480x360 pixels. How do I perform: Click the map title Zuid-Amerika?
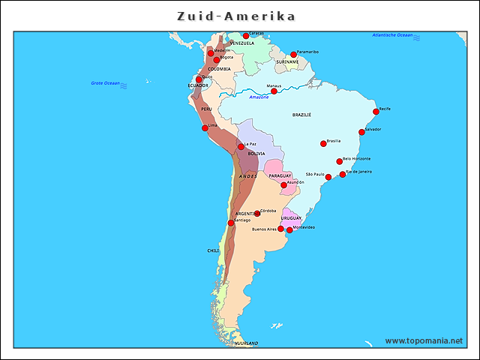point(236,16)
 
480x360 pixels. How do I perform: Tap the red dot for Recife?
point(375,112)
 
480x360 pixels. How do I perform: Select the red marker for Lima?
point(205,127)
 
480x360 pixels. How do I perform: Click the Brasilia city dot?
point(323,143)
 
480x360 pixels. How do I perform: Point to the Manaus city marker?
point(274,91)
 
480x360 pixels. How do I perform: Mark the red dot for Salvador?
point(361,132)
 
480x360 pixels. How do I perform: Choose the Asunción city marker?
point(283,184)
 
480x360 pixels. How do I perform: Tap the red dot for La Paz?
point(241,146)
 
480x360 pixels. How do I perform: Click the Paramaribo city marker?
point(293,54)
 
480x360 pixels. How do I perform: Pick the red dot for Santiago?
point(231,223)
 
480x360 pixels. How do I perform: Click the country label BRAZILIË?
point(301,115)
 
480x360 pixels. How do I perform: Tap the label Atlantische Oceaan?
point(393,35)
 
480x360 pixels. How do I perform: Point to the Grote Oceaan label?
point(105,82)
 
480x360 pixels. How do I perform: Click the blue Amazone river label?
point(259,97)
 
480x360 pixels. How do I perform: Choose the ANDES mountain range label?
point(248,176)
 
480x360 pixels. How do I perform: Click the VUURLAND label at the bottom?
point(247,343)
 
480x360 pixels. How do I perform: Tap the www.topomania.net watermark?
point(424,340)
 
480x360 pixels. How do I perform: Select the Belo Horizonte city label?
point(356,158)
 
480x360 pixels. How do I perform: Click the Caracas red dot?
point(245,35)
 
